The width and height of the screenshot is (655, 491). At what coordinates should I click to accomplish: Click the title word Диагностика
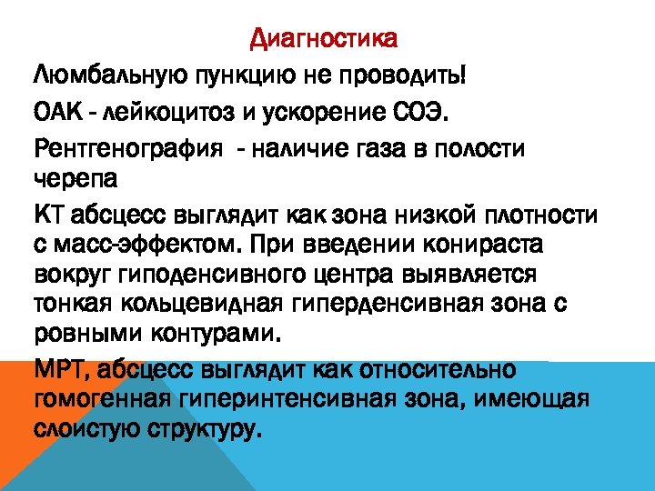click(x=323, y=39)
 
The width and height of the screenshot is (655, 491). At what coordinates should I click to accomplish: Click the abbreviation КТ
click(x=49, y=216)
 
